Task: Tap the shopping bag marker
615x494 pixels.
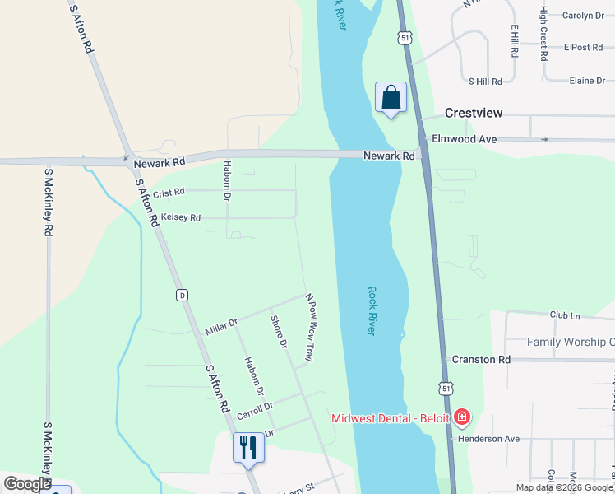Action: tap(391, 97)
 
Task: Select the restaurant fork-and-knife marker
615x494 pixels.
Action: tap(248, 448)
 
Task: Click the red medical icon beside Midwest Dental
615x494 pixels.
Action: tap(462, 417)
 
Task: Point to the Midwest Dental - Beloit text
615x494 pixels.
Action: tap(391, 418)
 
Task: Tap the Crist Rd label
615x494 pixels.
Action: tap(169, 192)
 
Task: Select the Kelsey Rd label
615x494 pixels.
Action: tap(181, 217)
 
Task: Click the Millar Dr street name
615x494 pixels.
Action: tap(221, 327)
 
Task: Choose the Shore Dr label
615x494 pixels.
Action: tap(279, 331)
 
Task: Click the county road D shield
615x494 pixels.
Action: tap(183, 295)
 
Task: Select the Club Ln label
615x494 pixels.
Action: tap(565, 315)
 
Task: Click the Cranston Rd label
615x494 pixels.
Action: tap(481, 360)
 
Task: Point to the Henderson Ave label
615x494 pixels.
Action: tap(491, 439)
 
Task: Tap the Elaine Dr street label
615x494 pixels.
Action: tap(586, 81)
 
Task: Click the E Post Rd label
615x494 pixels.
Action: tap(583, 47)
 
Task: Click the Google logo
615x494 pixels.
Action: tap(28, 483)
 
